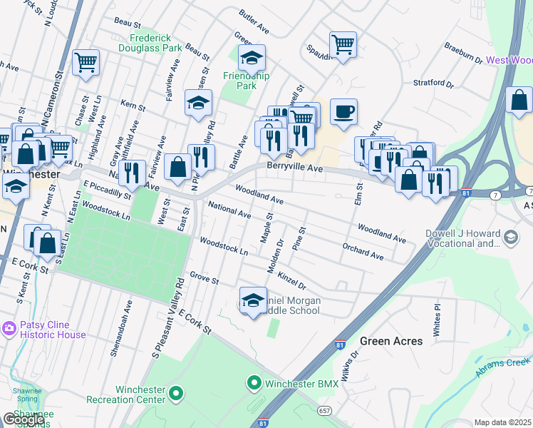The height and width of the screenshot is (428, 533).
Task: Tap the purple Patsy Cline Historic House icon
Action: coord(9,328)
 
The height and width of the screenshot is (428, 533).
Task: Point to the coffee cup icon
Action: coord(343,111)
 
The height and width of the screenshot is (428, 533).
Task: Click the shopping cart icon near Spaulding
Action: coord(343,45)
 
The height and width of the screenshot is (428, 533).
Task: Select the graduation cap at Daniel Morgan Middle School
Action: coord(253,300)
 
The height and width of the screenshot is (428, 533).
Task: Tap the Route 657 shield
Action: coord(324,411)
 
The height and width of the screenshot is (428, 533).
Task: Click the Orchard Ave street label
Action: coord(363,252)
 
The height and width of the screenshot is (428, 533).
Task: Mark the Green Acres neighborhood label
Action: coord(391,341)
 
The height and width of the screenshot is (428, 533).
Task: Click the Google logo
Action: coord(24,419)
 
